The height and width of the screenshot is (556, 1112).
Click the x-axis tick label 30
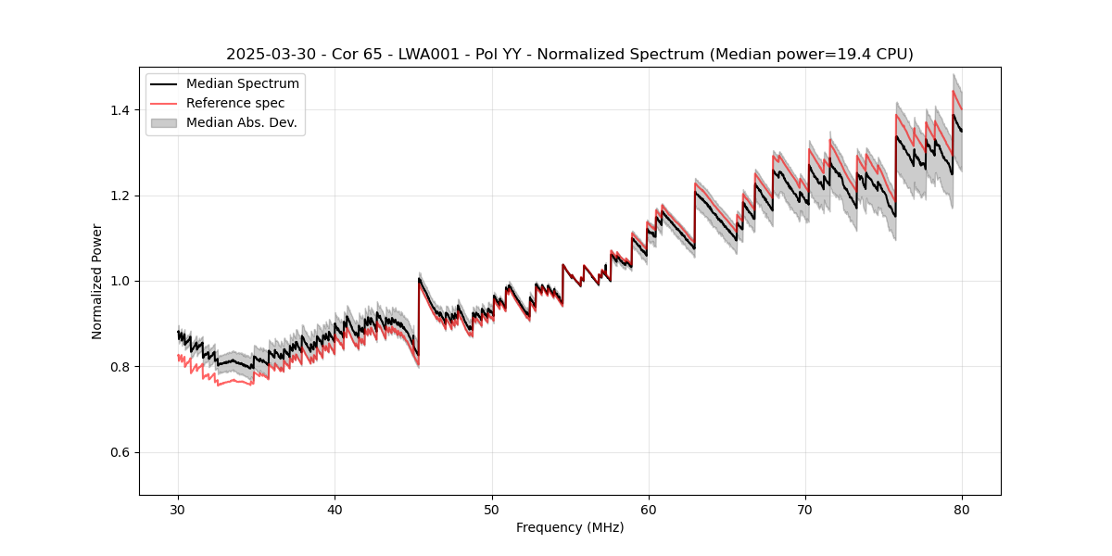pyautogui.click(x=178, y=509)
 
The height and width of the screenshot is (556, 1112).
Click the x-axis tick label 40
pyautogui.click(x=335, y=509)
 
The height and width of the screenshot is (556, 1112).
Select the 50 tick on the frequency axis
pyautogui.click(x=492, y=509)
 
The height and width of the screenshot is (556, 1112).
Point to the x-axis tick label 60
pyautogui.click(x=649, y=509)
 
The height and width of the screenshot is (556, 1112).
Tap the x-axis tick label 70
pyautogui.click(x=805, y=509)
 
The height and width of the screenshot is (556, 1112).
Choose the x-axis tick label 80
pyautogui.click(x=962, y=509)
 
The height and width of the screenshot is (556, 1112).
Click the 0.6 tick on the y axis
pyautogui.click(x=120, y=452)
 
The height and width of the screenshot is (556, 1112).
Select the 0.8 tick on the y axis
pyautogui.click(x=120, y=367)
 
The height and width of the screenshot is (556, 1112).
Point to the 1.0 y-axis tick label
pyautogui.click(x=120, y=281)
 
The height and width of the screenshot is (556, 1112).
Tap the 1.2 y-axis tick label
pyautogui.click(x=120, y=196)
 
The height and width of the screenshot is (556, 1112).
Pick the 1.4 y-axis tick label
pyautogui.click(x=120, y=110)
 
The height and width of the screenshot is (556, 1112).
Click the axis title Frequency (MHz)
pyautogui.click(x=570, y=527)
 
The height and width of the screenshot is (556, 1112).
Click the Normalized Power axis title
pyautogui.click(x=97, y=281)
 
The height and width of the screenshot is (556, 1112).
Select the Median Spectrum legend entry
pyautogui.click(x=242, y=84)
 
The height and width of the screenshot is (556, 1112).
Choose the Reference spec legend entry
pyautogui.click(x=235, y=104)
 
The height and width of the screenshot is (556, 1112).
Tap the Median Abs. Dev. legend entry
pyautogui.click(x=241, y=122)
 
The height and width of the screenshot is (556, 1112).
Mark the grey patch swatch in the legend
pyautogui.click(x=164, y=122)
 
